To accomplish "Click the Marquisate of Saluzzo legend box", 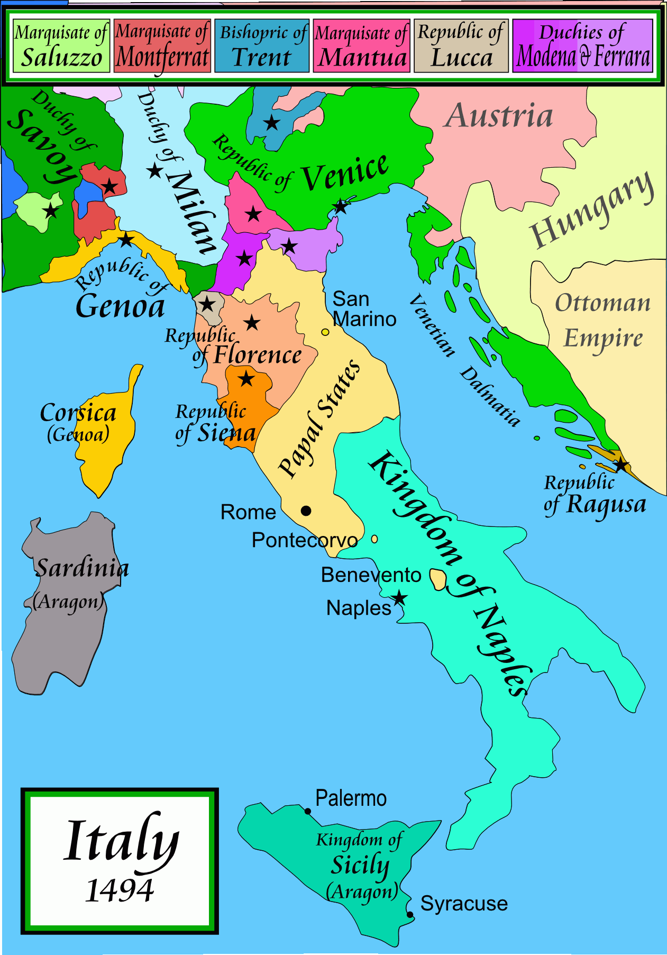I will click(x=61, y=46).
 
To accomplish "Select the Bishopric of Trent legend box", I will click(x=262, y=46).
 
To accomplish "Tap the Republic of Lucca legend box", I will click(x=461, y=46).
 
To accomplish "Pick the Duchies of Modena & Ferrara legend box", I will click(x=583, y=46).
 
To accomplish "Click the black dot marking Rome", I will click(x=306, y=511).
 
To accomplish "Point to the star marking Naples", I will click(x=399, y=598).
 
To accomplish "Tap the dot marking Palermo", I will click(x=308, y=811).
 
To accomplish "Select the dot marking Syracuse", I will click(x=410, y=914).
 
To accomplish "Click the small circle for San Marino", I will click(x=325, y=332).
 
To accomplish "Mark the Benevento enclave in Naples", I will click(x=437, y=579).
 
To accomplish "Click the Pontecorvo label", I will click(x=305, y=540).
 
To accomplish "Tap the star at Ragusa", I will click(x=620, y=466).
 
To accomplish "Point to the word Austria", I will click(x=498, y=116).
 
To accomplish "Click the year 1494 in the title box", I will click(x=120, y=890).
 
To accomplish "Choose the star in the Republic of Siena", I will click(x=246, y=379).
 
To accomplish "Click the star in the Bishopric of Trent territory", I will click(x=272, y=123).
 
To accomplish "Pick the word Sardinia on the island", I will click(x=82, y=568).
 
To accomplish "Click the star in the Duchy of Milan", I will click(x=155, y=171).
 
